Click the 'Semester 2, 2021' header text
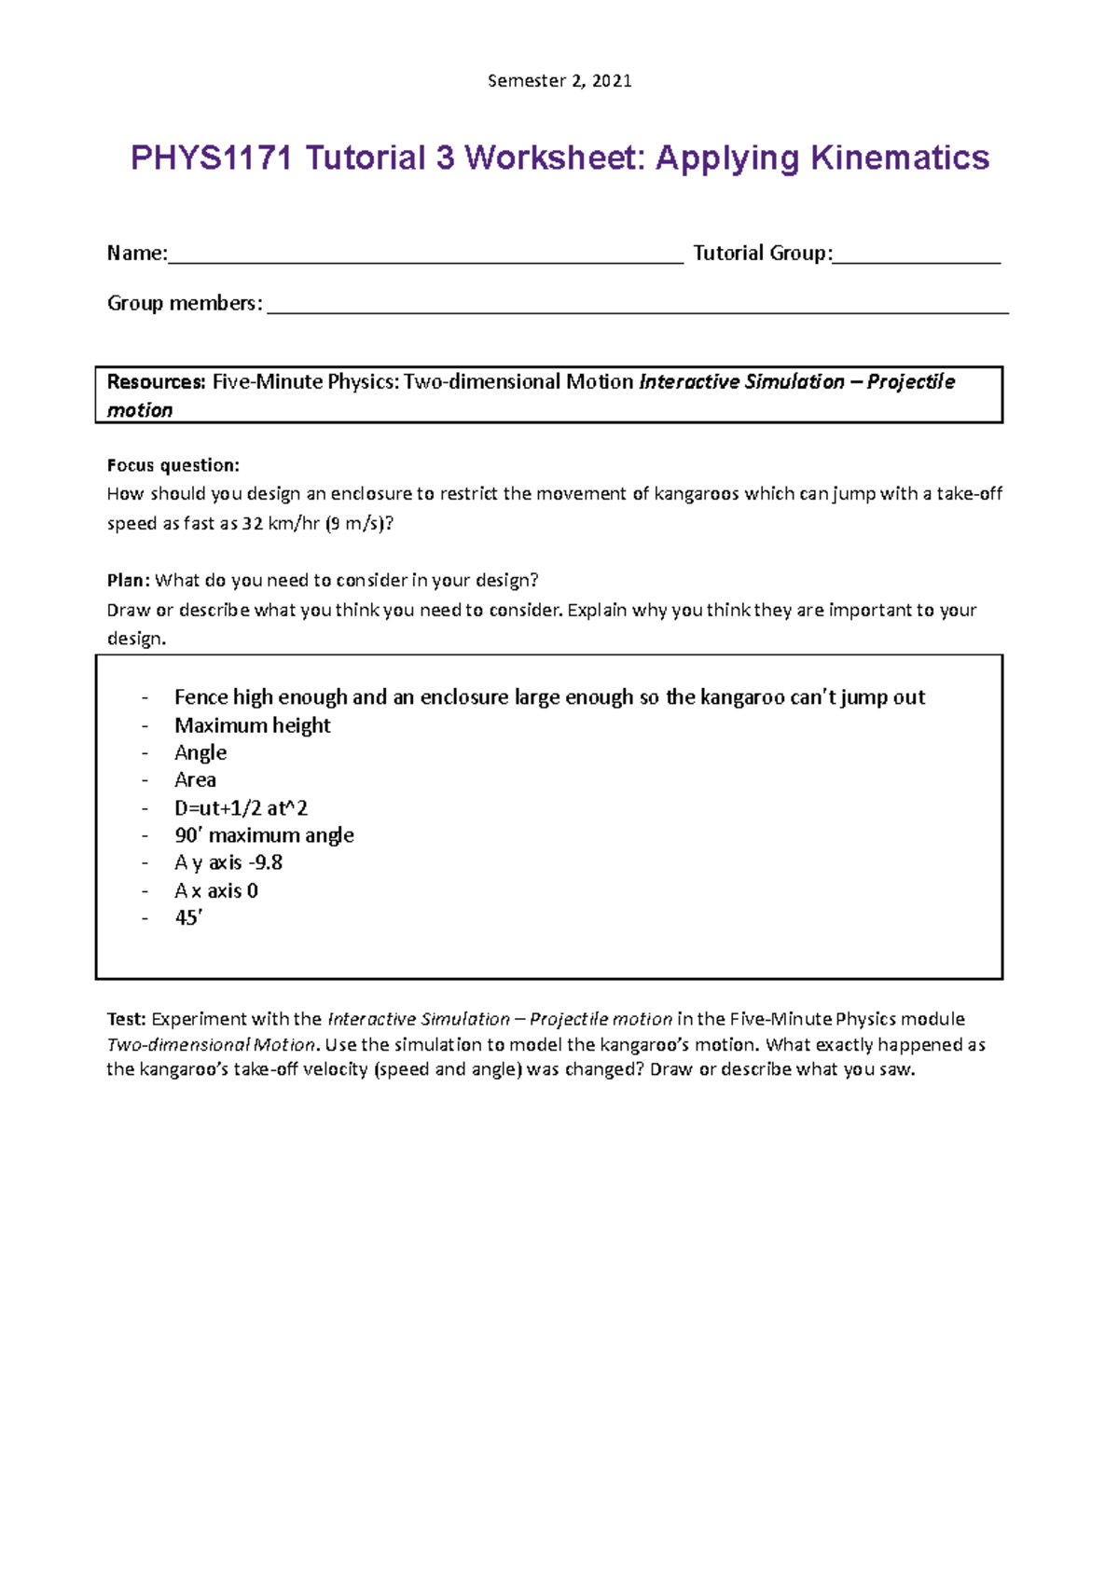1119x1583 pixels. tap(559, 81)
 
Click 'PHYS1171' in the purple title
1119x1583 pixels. tap(212, 158)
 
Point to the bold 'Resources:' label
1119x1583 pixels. tap(156, 381)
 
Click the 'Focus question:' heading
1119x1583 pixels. tap(173, 465)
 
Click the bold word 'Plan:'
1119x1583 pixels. tap(128, 580)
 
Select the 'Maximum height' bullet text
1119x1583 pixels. tap(252, 725)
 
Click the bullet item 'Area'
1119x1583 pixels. tap(195, 779)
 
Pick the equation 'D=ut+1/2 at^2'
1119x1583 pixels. tap(241, 807)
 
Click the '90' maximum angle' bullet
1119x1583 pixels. tap(264, 835)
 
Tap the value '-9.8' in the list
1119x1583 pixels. tap(266, 862)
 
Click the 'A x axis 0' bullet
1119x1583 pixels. tap(215, 890)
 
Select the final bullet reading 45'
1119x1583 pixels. tap(188, 917)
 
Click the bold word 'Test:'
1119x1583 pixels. tap(127, 1019)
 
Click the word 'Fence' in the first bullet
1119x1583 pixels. tap(200, 697)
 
